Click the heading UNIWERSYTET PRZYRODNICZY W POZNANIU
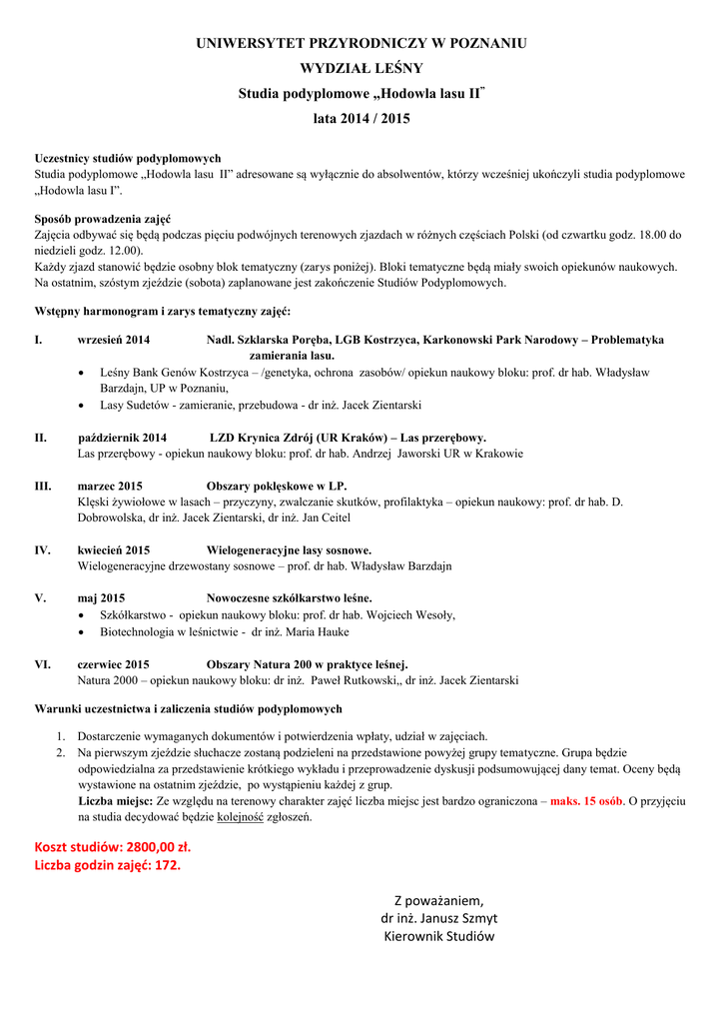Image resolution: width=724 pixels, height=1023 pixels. (362, 44)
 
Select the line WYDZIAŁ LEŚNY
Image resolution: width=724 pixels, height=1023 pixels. (362, 68)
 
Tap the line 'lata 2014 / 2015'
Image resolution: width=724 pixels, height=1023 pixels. (362, 118)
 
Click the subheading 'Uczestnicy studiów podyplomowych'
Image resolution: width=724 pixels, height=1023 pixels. (128, 159)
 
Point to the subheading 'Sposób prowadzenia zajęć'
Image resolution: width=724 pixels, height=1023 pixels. (103, 220)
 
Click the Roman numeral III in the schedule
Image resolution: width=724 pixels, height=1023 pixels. (43, 487)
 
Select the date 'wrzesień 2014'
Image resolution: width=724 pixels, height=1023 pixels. (114, 341)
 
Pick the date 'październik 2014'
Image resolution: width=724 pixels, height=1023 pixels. (123, 438)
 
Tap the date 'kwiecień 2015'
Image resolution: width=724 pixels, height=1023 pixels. (114, 550)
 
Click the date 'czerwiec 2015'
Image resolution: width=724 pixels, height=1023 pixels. (114, 664)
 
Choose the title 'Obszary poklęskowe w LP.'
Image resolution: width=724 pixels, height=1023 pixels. (277, 487)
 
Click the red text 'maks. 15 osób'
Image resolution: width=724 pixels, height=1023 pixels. (587, 802)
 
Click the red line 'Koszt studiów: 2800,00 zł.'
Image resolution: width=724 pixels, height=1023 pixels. (113, 847)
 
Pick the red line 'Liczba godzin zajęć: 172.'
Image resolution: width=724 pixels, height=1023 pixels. (108, 865)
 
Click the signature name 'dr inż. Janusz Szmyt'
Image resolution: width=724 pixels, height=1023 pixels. (439, 918)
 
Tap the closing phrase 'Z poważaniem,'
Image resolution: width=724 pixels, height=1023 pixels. (439, 900)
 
